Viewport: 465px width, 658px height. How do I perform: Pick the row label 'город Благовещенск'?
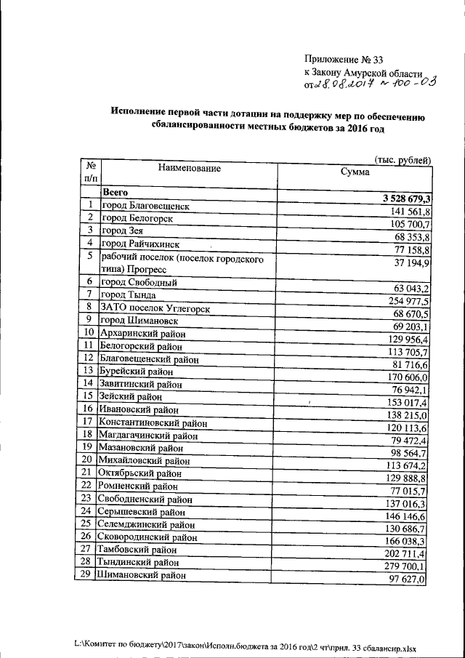pyautogui.click(x=145, y=206)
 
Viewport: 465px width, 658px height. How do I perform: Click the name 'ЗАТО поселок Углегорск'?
pyautogui.click(x=155, y=309)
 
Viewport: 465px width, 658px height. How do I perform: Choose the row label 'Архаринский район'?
pyautogui.click(x=143, y=334)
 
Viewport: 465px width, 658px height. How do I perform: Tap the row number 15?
pyautogui.click(x=87, y=396)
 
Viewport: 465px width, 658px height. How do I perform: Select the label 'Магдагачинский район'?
pyautogui.click(x=150, y=436)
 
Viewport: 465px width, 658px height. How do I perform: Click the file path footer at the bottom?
pyautogui.click(x=251, y=644)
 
